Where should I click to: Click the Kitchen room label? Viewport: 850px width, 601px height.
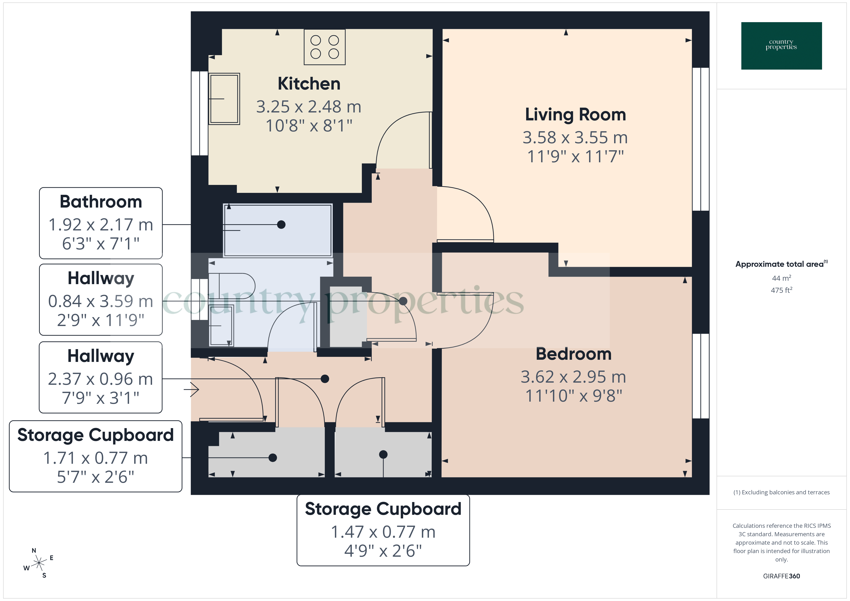309,84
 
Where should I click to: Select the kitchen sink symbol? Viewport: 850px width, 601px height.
224,99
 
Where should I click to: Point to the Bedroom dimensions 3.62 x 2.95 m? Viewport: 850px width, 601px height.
573,377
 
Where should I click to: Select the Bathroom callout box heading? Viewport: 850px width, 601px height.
101,202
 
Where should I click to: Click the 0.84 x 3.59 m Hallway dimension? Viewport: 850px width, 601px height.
101,301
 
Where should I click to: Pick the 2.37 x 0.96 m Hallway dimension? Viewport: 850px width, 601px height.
101,379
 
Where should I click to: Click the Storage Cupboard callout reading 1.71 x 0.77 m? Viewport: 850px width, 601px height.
95,458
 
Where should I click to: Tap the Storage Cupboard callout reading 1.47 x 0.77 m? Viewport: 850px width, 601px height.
383,532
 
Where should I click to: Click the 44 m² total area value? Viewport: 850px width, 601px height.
781,278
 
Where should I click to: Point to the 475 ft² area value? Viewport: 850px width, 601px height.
781,290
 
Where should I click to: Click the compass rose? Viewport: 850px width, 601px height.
39,563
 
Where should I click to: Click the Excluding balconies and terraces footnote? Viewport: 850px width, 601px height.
781,492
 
